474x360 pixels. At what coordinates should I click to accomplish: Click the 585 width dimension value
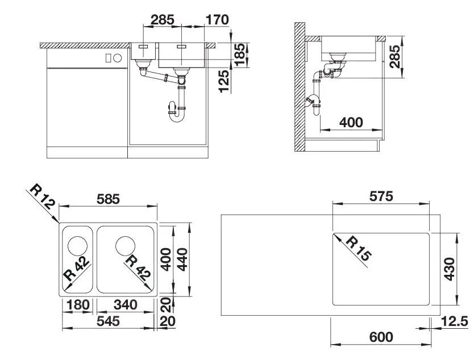click(108, 199)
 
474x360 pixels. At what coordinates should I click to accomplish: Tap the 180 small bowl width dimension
click(78, 304)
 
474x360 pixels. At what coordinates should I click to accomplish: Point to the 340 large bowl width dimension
click(126, 304)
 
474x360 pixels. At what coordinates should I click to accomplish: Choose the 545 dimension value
click(108, 321)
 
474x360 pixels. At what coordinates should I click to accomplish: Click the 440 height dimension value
click(182, 259)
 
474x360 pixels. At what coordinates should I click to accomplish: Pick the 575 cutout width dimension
click(381, 196)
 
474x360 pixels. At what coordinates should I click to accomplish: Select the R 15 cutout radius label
click(359, 249)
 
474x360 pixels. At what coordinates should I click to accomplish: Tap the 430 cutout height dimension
click(450, 269)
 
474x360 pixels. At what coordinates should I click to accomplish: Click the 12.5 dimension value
click(454, 321)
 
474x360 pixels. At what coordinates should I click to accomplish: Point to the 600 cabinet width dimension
click(381, 337)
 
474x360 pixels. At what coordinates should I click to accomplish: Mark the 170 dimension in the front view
click(217, 20)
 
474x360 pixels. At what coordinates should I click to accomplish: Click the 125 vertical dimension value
click(224, 81)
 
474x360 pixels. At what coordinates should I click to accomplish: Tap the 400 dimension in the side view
click(351, 122)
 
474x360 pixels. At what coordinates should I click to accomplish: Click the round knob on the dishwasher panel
click(117, 58)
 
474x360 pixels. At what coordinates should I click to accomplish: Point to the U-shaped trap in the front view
click(177, 112)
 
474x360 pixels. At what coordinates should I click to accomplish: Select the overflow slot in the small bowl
click(143, 47)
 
